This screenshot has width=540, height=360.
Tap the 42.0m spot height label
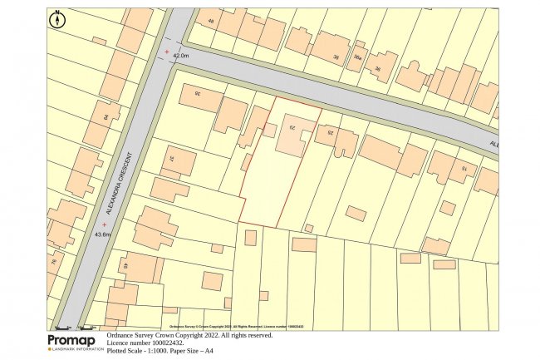click(180, 56)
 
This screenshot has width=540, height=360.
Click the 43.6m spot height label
click(102, 234)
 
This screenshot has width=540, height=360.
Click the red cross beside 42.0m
click(167, 52)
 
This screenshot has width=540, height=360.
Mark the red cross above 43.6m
click(104, 224)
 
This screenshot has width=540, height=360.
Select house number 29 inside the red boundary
click(292, 127)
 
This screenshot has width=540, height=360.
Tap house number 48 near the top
click(210, 22)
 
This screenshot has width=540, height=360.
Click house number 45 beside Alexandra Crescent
click(125, 266)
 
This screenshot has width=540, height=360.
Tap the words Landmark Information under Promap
click(76, 349)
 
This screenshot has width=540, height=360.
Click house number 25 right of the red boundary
click(331, 133)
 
